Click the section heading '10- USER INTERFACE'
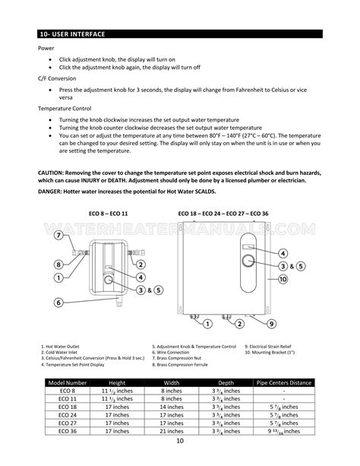(73, 35)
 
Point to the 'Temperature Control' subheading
(69, 109)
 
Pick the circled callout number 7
(58, 236)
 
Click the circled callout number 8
(58, 265)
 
